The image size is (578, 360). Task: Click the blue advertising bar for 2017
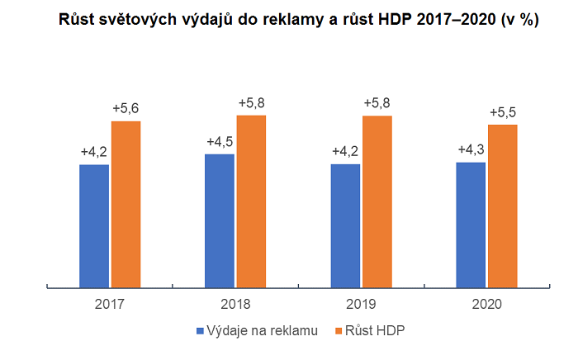click(94, 225)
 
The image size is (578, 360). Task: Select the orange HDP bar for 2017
click(126, 204)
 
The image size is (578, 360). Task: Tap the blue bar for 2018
click(220, 220)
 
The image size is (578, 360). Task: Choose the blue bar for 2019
click(345, 225)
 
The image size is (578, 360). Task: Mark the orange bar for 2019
click(377, 201)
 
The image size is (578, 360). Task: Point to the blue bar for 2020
click(471, 225)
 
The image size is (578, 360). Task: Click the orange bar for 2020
click(503, 206)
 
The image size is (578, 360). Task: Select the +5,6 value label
click(126, 108)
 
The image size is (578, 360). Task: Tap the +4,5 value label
click(220, 140)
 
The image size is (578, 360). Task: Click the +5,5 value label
click(503, 112)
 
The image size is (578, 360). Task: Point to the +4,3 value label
click(471, 149)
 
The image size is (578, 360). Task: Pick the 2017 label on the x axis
click(110, 304)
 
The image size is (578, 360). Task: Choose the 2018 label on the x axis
click(236, 304)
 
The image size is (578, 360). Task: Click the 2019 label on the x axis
click(362, 304)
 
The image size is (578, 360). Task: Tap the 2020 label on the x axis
click(487, 304)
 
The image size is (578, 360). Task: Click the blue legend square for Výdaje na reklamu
click(200, 331)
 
